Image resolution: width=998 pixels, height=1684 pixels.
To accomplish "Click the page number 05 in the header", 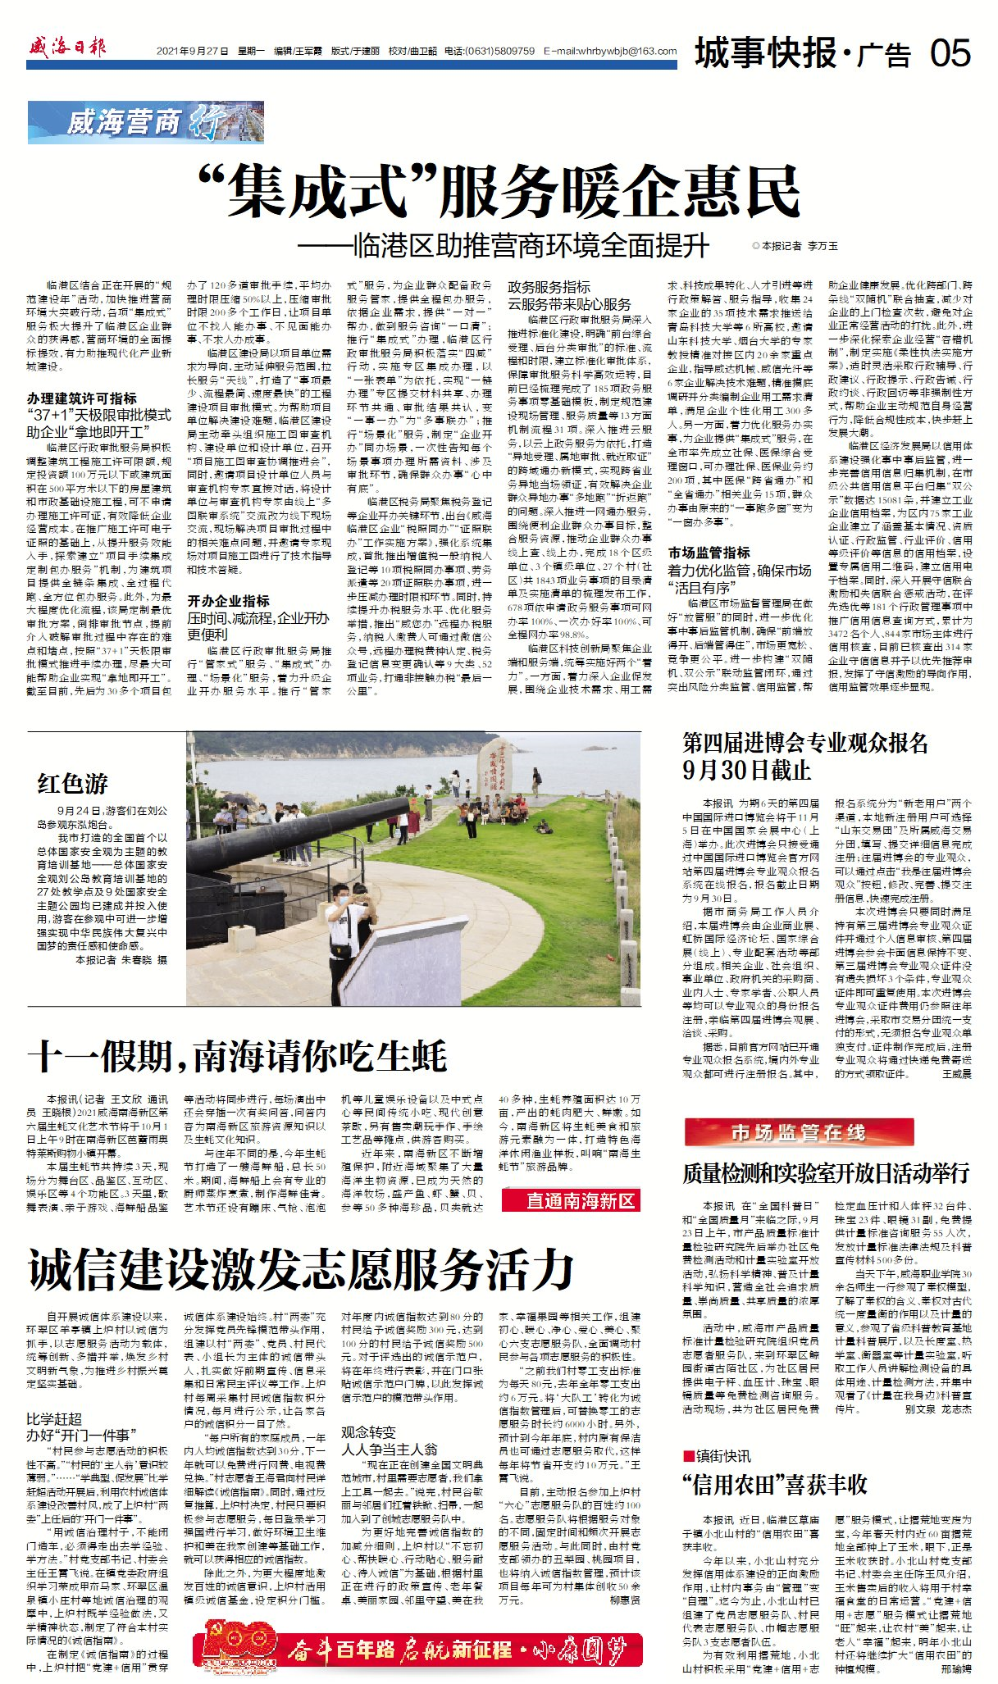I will coord(950,54).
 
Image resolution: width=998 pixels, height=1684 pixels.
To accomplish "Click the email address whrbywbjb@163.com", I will coord(615,51).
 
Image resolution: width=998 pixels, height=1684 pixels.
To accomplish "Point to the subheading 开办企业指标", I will coord(229,601).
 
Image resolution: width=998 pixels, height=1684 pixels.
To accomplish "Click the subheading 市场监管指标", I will coord(709,553).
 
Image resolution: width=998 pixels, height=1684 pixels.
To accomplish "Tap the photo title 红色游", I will coord(72,784).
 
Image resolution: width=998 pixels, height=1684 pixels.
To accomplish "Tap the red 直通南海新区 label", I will coord(581,1201).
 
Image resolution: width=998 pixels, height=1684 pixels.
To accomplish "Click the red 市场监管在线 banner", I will coord(798,1134).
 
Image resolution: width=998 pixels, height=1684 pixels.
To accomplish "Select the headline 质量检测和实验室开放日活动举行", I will coord(826,1172).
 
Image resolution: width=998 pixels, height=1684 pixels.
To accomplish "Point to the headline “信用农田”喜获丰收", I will coord(774,1485).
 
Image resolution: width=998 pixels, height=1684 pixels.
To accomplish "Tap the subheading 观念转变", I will coord(368,1431).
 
